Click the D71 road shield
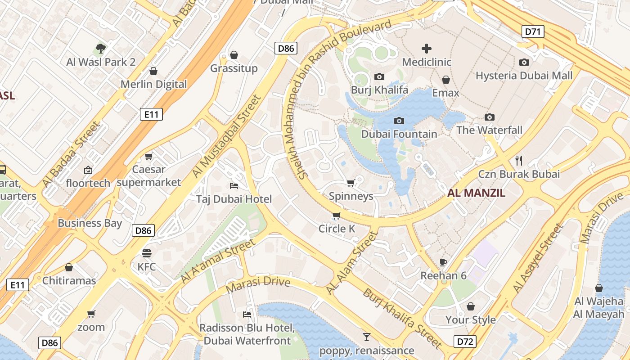[x=533, y=31]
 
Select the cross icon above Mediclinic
[x=427, y=49]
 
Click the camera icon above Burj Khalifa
[x=379, y=77]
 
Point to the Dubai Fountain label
[x=399, y=134]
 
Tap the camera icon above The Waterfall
[x=490, y=117]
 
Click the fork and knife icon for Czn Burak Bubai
[x=519, y=160]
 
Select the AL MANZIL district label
[x=476, y=193]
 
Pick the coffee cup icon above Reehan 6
[x=443, y=262]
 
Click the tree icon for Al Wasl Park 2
[x=101, y=49]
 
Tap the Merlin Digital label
[x=153, y=84]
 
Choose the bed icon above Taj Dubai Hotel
[x=234, y=185]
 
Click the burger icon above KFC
[x=147, y=253]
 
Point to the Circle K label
[x=337, y=229]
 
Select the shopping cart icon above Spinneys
[x=351, y=183]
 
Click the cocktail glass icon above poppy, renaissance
[x=367, y=337]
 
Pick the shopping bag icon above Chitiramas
[x=69, y=268]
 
